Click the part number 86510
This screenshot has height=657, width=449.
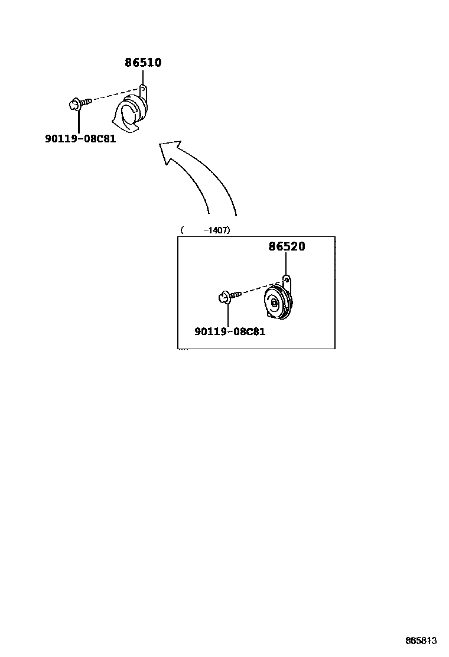(x=143, y=63)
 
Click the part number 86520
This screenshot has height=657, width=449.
(x=287, y=247)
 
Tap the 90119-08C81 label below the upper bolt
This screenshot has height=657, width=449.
(x=80, y=139)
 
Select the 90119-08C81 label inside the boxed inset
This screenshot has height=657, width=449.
(x=230, y=331)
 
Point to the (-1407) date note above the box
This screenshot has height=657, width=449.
(x=205, y=230)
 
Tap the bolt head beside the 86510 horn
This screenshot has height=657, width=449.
(x=74, y=105)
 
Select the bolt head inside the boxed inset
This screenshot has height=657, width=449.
(x=224, y=295)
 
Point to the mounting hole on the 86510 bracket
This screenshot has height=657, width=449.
(x=143, y=89)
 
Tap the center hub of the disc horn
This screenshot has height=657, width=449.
(x=274, y=303)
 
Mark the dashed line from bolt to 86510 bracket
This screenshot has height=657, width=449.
(x=115, y=95)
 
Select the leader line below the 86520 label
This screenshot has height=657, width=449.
(x=286, y=263)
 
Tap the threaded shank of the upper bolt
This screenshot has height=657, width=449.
(x=86, y=102)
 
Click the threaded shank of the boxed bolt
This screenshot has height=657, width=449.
(x=236, y=293)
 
